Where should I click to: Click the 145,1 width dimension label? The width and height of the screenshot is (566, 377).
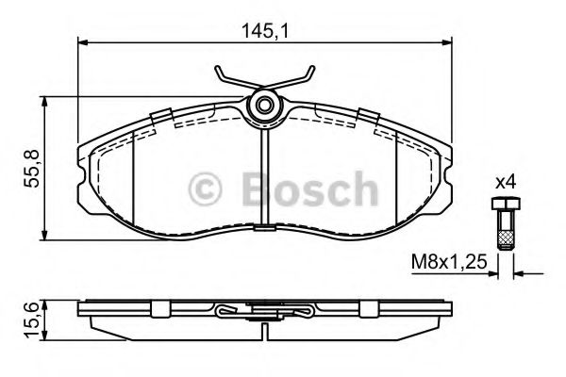click(265, 31)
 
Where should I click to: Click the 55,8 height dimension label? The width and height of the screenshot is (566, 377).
click(31, 168)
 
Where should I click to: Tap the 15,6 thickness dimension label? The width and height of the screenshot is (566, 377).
click(31, 320)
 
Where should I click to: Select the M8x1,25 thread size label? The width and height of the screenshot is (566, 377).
click(449, 262)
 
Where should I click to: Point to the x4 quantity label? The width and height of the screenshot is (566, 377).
click(505, 183)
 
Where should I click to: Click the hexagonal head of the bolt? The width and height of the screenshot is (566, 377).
click(506, 204)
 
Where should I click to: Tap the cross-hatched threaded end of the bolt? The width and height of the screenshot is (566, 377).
click(506, 240)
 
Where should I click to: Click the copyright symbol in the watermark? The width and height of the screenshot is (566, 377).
click(205, 189)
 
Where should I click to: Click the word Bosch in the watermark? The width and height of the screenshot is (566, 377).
click(310, 188)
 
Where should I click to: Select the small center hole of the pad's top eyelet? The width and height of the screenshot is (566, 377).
click(264, 106)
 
